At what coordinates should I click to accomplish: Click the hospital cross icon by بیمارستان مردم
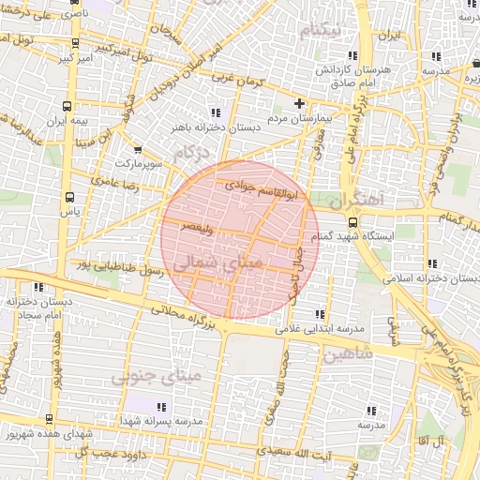(300, 103)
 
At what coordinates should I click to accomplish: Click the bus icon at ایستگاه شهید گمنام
(352, 222)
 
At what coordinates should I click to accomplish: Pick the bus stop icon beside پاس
(70, 198)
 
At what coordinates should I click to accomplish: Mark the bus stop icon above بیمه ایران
(68, 106)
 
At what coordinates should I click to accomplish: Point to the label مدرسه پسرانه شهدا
(160, 421)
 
